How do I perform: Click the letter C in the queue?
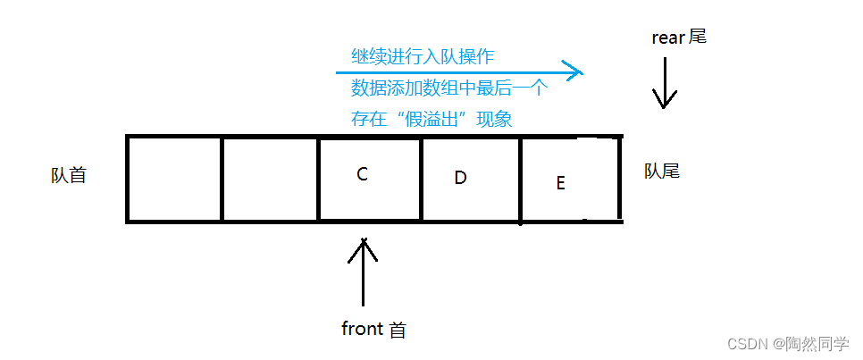coord(362,174)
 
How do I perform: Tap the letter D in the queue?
coord(460,178)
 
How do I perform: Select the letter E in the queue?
coord(560,183)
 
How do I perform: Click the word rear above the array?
coord(668,38)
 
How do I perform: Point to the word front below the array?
coord(362,329)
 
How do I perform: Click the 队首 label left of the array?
coord(69,175)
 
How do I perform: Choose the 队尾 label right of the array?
coord(662,171)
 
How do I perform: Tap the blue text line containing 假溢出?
coord(431,119)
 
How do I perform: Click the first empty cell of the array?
coord(175,178)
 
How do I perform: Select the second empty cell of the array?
coord(270,178)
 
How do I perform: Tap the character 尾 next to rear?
coord(698,38)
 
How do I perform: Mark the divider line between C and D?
coord(421,178)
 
